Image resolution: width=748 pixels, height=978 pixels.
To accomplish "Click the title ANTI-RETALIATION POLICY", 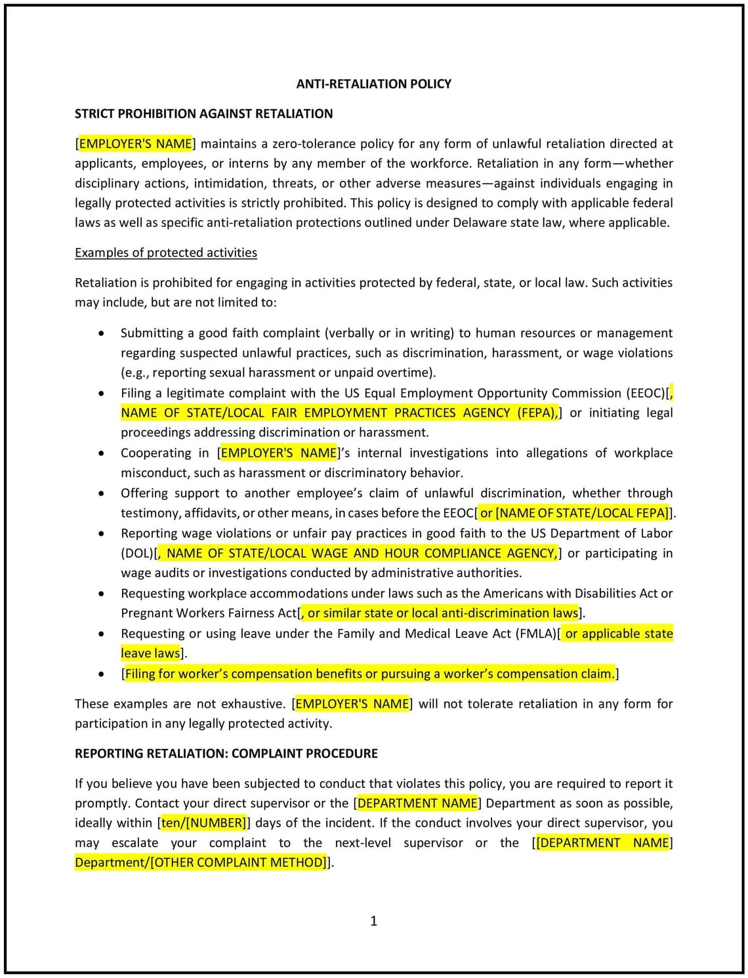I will click(373, 84).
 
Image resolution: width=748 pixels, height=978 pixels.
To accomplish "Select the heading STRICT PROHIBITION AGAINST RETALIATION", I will click(203, 113).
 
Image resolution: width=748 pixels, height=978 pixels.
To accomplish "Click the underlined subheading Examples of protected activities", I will click(165, 253).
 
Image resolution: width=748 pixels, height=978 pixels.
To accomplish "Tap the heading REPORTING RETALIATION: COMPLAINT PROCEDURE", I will click(226, 753).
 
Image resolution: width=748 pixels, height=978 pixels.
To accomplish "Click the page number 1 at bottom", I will click(373, 921).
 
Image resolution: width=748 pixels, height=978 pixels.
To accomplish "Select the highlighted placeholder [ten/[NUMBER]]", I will click(203, 823).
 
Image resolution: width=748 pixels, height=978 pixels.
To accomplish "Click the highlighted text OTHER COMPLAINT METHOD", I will click(239, 862).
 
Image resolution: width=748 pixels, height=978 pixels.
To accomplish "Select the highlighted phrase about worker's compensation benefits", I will click(369, 674).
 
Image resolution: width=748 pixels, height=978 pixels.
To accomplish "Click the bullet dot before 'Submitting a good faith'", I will click(100, 333).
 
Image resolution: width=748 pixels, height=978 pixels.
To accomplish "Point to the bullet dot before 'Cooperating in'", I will click(100, 453).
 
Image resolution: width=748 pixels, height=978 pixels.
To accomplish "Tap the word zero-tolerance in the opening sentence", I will click(308, 144).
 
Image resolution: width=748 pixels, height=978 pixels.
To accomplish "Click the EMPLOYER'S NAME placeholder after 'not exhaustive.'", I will click(352, 704).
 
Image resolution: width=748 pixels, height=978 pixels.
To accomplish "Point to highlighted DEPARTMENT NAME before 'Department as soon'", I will click(417, 803).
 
